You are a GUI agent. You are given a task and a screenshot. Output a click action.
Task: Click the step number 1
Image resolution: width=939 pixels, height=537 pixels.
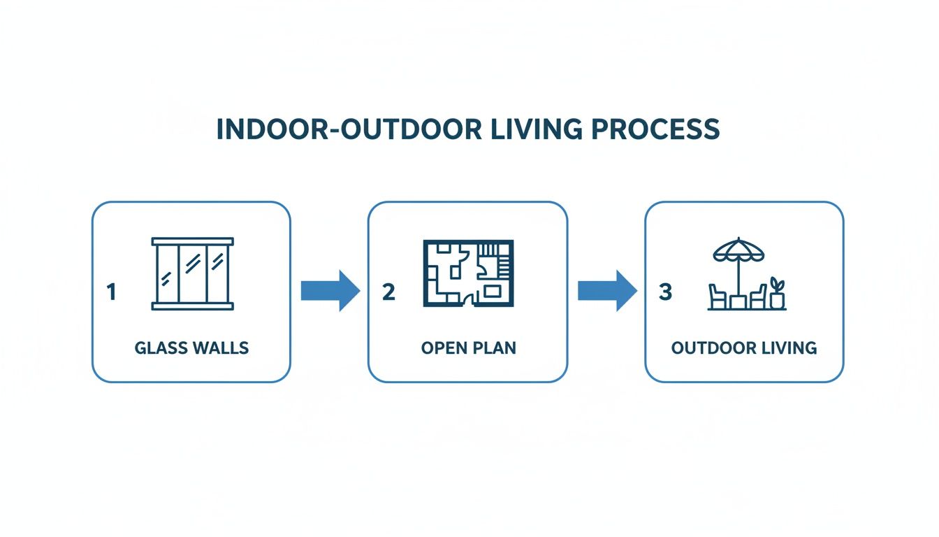tap(110, 292)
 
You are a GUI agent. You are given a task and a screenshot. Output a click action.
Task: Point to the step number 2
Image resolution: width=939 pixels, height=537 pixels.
tap(388, 292)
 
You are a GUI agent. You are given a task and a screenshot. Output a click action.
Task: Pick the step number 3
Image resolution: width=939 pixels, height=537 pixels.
tap(664, 292)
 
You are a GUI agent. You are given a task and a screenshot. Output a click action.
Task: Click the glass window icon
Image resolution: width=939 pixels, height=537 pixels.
tap(192, 273)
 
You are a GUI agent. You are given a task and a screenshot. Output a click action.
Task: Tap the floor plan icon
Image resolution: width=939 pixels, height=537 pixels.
tap(468, 273)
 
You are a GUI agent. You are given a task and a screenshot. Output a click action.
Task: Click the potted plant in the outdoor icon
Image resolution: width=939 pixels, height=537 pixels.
tap(777, 294)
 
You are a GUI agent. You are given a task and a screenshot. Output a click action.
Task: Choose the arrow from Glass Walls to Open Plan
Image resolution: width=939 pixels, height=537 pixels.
tap(329, 290)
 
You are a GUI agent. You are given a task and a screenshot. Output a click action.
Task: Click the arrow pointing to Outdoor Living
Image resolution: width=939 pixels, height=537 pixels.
tap(606, 290)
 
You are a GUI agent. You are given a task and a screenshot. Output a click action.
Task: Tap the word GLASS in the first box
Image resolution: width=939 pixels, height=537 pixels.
tap(159, 348)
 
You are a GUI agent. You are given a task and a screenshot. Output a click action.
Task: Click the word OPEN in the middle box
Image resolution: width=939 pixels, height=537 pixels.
tap(443, 348)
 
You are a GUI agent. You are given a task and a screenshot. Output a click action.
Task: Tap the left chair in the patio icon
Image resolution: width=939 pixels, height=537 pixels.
tap(718, 296)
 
